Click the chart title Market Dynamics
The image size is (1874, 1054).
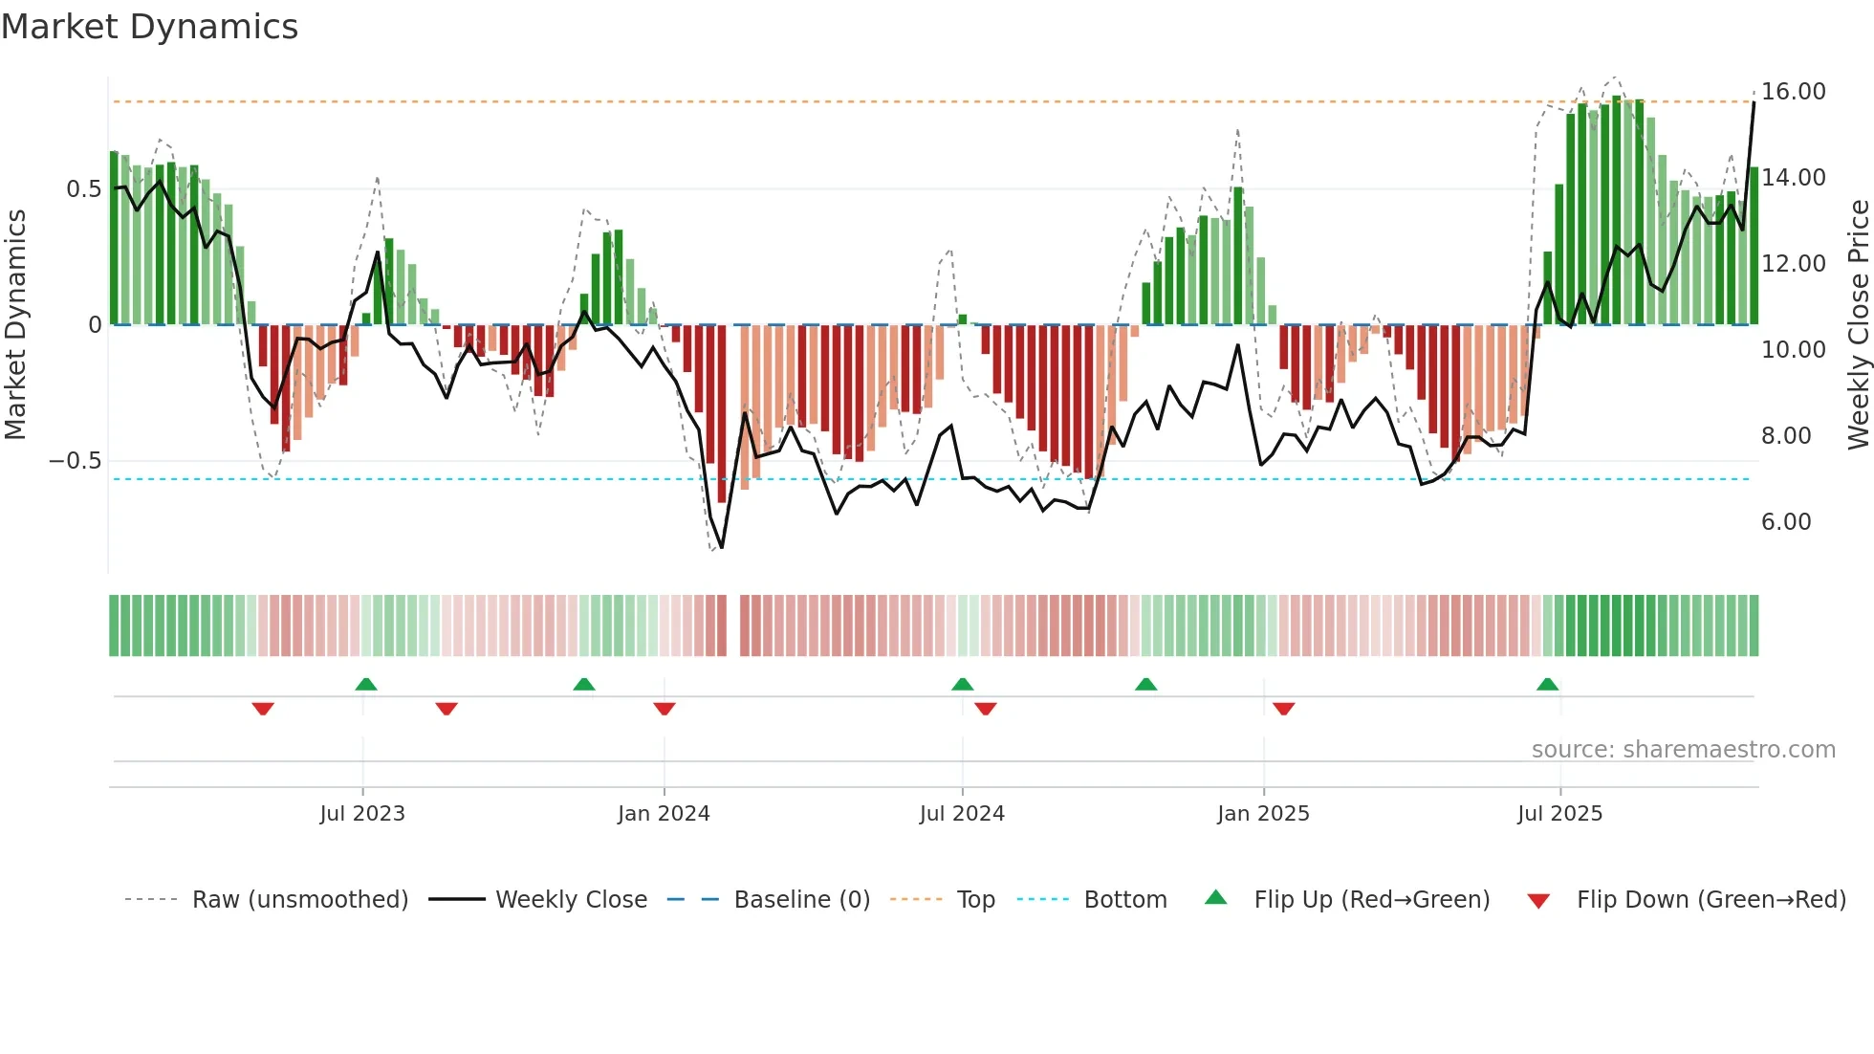(149, 27)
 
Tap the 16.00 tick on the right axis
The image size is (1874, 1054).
(1793, 92)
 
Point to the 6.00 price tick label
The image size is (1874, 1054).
(1785, 522)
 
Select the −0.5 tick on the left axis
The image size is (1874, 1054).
(75, 461)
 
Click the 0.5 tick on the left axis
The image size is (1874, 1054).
(83, 189)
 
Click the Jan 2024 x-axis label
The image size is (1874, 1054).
(664, 814)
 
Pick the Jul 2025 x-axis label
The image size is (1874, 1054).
(1559, 814)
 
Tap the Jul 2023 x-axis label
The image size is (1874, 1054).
(362, 814)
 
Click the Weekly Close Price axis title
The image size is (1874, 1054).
(1858, 324)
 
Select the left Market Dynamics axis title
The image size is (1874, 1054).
(15, 324)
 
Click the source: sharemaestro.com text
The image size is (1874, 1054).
(1683, 750)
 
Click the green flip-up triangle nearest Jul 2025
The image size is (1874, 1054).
(1547, 684)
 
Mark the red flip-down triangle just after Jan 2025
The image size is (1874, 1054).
(1283, 709)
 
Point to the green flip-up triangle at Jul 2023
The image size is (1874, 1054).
(365, 684)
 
